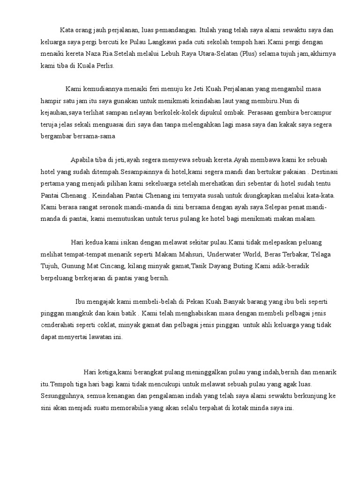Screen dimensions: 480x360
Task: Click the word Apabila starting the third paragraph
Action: [82, 158]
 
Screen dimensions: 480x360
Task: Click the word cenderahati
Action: [57, 324]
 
